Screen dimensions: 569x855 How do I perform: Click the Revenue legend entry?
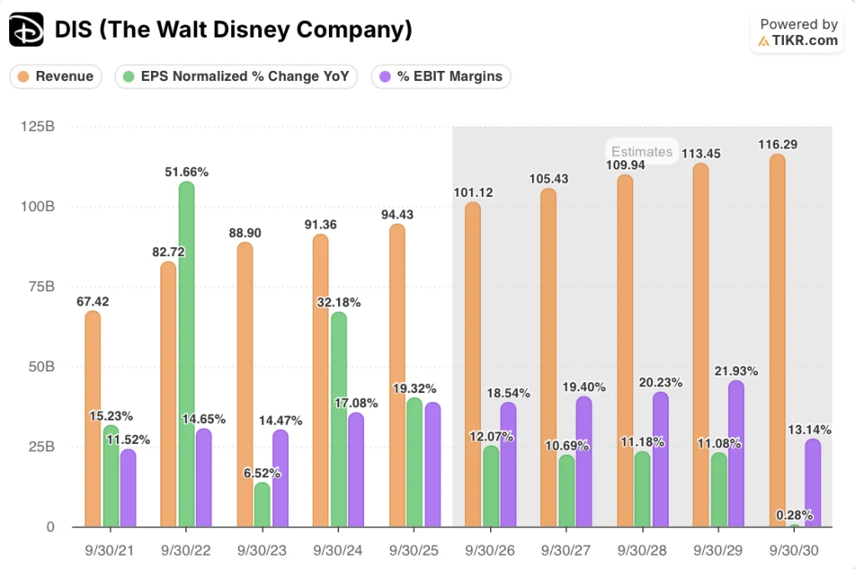pyautogui.click(x=56, y=77)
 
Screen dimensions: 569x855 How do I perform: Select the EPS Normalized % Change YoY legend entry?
pyautogui.click(x=236, y=77)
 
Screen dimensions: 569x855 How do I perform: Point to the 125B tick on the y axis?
pyautogui.click(x=38, y=127)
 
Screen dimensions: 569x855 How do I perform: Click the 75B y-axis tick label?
pyautogui.click(x=42, y=287)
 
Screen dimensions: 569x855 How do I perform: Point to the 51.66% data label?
pyautogui.click(x=186, y=172)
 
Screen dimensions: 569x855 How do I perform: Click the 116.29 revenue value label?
pyautogui.click(x=777, y=144)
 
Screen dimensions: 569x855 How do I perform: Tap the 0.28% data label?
pyautogui.click(x=795, y=515)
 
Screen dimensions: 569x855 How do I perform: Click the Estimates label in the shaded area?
pyautogui.click(x=641, y=151)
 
